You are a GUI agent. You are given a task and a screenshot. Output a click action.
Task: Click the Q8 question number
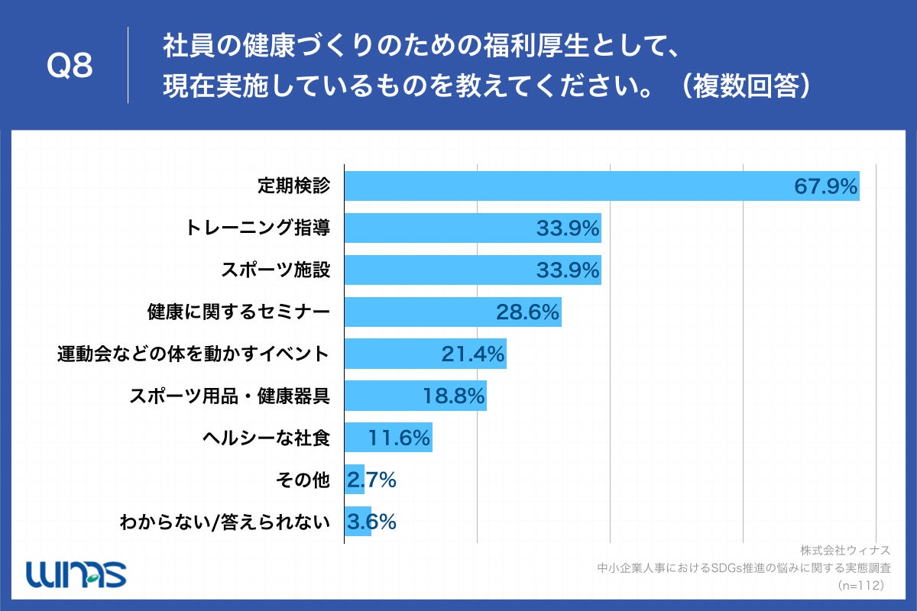tap(70, 66)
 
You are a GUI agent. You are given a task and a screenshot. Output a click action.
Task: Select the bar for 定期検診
tap(565, 186)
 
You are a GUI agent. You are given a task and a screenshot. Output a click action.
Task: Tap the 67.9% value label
tap(825, 186)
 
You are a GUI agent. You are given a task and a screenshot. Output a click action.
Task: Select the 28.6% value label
tap(528, 312)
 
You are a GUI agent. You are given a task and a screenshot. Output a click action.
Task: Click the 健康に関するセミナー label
tap(238, 312)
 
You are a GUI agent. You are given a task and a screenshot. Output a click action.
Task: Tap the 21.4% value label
tap(473, 354)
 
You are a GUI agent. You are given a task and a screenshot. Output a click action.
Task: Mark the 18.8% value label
tap(454, 396)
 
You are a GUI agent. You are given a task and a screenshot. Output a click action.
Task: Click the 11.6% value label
tap(400, 438)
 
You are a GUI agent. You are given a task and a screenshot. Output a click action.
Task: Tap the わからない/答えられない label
tap(225, 522)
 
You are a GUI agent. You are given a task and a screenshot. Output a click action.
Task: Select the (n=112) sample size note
tap(860, 585)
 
